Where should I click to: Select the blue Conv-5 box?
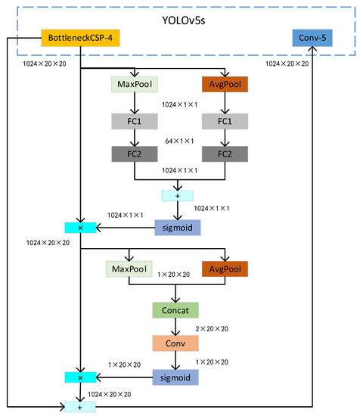(312, 37)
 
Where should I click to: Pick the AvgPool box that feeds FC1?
(225, 85)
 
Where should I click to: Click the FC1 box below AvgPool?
(225, 122)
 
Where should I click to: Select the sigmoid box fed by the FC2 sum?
(178, 226)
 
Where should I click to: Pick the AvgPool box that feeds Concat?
(225, 269)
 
